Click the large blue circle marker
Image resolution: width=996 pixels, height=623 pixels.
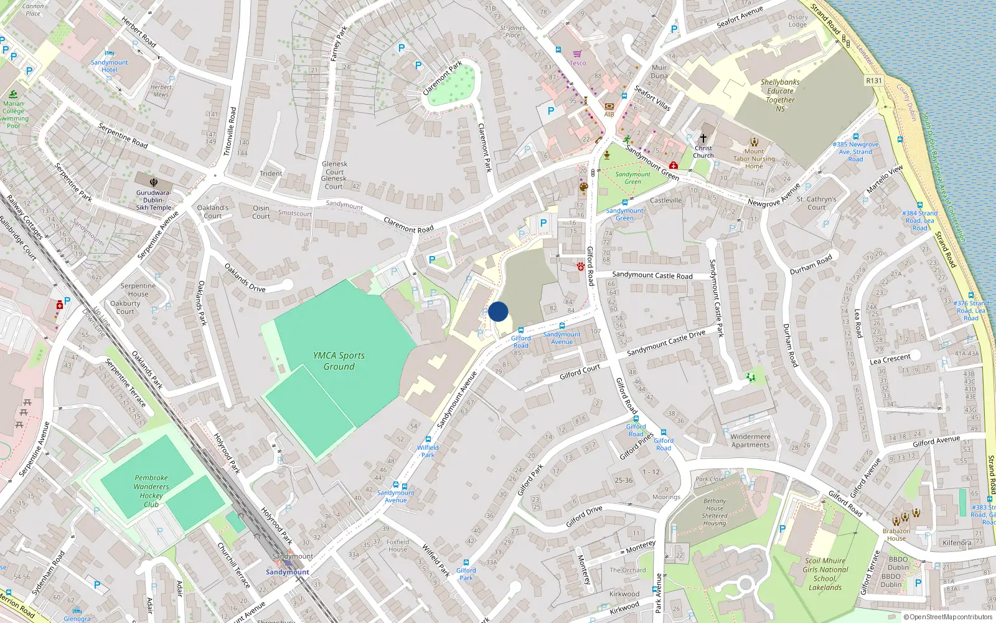click(498, 311)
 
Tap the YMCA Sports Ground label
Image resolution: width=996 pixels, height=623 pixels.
click(339, 361)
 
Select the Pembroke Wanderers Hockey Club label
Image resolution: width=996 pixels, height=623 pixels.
click(151, 491)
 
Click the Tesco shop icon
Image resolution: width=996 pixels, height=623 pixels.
click(577, 54)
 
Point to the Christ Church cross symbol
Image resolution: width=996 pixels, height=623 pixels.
click(703, 138)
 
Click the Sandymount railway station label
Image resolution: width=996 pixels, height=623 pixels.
click(287, 572)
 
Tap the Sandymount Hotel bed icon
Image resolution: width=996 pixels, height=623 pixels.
click(110, 54)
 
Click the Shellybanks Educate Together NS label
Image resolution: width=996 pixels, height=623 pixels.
click(780, 95)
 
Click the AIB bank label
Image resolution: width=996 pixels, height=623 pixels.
click(609, 114)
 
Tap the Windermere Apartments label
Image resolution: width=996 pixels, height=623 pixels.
click(750, 440)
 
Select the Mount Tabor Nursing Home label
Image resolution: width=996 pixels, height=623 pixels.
click(754, 158)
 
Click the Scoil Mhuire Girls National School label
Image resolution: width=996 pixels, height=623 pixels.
click(825, 574)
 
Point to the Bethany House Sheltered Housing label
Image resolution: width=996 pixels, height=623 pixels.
click(715, 512)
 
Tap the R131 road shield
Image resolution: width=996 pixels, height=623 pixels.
click(874, 81)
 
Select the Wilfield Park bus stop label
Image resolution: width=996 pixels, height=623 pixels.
click(428, 451)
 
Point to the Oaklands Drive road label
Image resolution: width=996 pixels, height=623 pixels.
click(245, 278)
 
